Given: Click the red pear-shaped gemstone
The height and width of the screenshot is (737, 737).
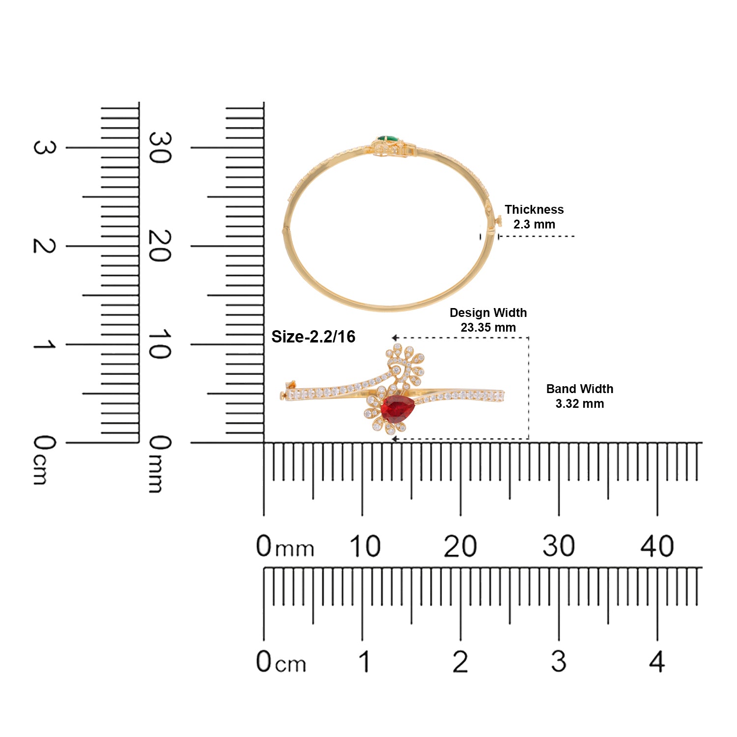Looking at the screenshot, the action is coord(397,409).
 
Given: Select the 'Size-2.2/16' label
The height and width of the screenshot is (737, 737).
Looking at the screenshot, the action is coord(313,337).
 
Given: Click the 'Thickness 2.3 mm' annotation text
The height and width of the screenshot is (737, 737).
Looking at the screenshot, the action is coord(534,217).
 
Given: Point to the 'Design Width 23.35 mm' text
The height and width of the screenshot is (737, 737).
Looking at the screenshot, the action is coord(488,320).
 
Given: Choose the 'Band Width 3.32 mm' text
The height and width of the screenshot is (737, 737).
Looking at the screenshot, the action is coord(580,396).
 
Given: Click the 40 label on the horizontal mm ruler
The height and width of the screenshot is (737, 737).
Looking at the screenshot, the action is coord(657,546).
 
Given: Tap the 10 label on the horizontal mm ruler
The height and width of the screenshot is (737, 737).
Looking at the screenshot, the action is coord(365,546).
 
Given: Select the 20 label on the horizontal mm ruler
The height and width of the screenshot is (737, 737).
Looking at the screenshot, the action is coord(460,546).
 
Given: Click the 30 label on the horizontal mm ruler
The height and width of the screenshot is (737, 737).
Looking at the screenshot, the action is coord(559,546).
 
